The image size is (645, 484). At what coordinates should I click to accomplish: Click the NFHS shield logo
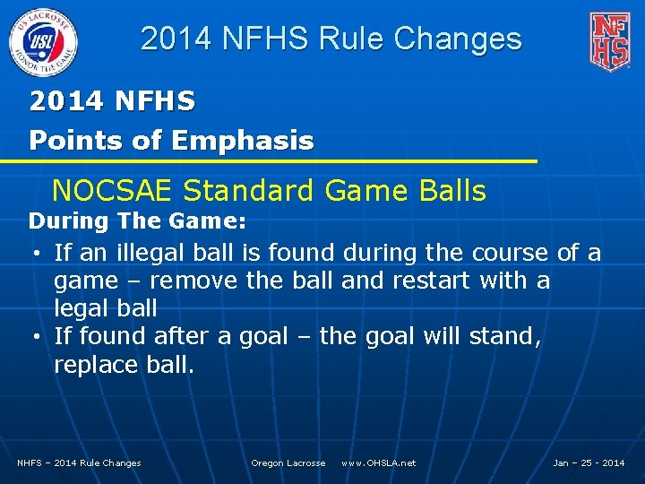pos(609,41)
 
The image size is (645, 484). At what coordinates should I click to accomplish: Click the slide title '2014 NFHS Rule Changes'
pos(331,39)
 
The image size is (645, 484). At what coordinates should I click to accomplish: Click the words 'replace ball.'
pos(124,365)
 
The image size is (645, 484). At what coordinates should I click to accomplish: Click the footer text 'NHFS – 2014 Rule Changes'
pos(79,462)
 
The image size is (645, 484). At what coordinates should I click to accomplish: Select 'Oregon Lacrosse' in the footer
pos(288,462)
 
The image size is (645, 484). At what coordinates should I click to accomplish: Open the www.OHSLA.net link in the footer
pos(378,462)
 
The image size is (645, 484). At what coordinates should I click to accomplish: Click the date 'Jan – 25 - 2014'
pos(589,462)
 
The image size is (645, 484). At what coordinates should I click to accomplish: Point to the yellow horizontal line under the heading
pos(269,161)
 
